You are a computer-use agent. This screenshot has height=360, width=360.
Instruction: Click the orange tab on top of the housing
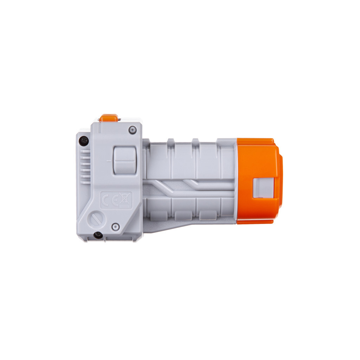(108, 118)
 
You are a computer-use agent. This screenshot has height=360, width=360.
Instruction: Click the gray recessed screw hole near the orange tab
(132, 130)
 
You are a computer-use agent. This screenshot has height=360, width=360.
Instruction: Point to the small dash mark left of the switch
(108, 161)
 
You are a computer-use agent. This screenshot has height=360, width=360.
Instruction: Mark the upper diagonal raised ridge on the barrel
(193, 183)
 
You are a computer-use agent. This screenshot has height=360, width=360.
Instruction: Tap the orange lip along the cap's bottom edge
(255, 221)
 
